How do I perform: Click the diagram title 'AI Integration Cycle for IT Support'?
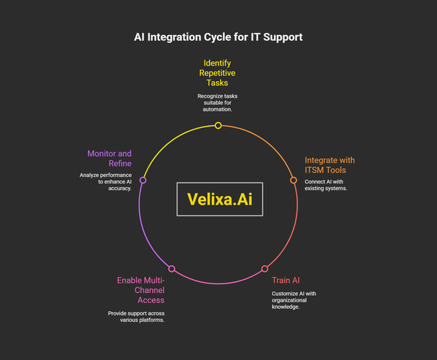[x=219, y=36]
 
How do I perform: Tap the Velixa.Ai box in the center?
[x=219, y=200]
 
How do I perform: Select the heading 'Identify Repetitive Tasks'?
[x=219, y=74]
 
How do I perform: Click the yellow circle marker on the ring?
[x=218, y=126]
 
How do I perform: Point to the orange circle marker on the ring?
[x=294, y=180]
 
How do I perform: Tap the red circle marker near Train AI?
[x=264, y=269]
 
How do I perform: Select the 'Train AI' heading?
[x=286, y=279]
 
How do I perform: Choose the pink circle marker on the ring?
[x=172, y=269]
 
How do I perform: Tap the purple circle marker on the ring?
[x=143, y=180]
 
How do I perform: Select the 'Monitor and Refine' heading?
[x=109, y=159]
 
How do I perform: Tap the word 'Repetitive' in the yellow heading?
[x=219, y=74]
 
